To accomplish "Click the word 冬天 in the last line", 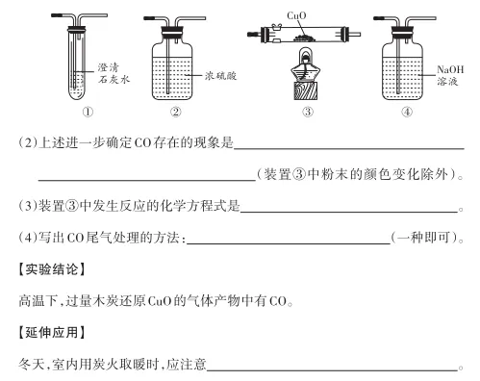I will click(31, 365).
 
